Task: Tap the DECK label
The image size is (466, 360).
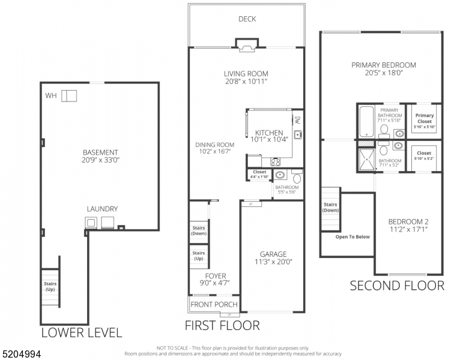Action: [247, 19]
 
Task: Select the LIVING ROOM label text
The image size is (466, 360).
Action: [246, 73]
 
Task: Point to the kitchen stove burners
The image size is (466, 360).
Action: [276, 161]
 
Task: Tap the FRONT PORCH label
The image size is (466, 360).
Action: [214, 304]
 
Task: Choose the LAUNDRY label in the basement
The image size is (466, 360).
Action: [101, 209]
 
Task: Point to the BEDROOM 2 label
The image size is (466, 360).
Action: [408, 221]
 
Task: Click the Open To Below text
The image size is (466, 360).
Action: [353, 236]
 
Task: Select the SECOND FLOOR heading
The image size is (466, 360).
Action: [397, 286]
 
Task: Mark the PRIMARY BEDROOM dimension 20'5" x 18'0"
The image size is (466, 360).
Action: [384, 74]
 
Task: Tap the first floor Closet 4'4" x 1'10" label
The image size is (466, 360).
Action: [259, 174]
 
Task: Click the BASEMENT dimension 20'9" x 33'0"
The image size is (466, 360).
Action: [100, 160]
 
